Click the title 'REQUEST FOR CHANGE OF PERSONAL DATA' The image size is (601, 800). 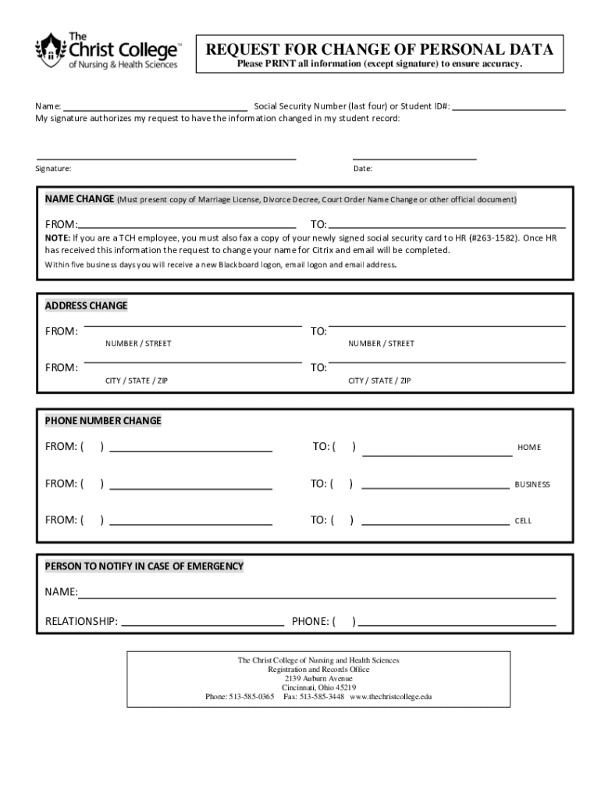379,51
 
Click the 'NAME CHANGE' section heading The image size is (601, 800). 80,199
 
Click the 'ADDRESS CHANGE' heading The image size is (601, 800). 86,305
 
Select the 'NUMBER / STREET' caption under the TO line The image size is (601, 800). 381,344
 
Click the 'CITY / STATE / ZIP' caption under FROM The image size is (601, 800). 137,380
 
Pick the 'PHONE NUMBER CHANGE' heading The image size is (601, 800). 103,421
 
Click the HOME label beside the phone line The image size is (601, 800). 528,448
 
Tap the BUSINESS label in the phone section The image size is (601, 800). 532,484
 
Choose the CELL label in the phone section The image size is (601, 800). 522,521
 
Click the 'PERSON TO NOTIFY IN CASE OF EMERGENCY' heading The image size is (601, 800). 144,566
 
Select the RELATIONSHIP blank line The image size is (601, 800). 202,625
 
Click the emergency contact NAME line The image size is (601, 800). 316,597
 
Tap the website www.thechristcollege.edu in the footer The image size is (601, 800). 390,696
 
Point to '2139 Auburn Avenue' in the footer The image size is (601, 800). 318,678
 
